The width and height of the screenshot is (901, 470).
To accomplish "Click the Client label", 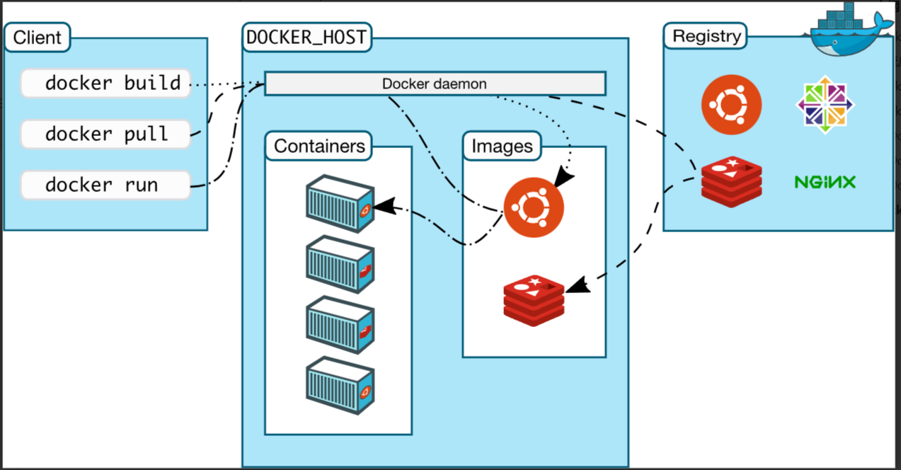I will coord(38,37).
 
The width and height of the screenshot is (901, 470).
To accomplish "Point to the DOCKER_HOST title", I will coord(306,38).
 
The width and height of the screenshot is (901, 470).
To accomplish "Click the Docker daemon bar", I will coord(435,84).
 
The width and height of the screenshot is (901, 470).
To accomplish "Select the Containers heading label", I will coord(319,146).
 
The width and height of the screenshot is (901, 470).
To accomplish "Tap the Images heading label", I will coord(502,146).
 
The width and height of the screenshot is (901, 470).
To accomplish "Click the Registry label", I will coord(706,36).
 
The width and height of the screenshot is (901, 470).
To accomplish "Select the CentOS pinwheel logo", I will coord(825,105).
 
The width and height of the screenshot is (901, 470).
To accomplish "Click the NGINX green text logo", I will coord(825,182).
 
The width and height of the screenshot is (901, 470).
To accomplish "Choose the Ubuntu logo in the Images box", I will coord(534,207).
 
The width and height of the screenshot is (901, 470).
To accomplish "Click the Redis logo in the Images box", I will coord(534,300).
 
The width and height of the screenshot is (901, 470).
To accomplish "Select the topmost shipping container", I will coord(339,205).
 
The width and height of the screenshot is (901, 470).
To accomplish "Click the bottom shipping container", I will coord(339,386).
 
